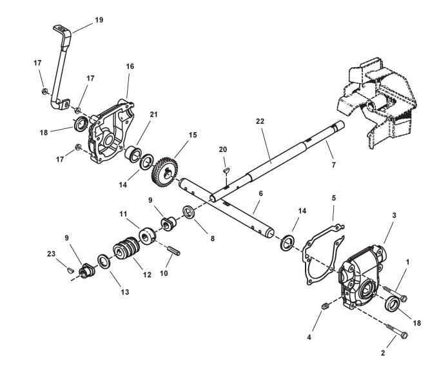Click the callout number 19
pyautogui.click(x=99, y=20)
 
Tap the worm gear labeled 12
pyautogui.click(x=126, y=253)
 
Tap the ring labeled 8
pyautogui.click(x=190, y=212)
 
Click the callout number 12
pyautogui.click(x=147, y=275)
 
